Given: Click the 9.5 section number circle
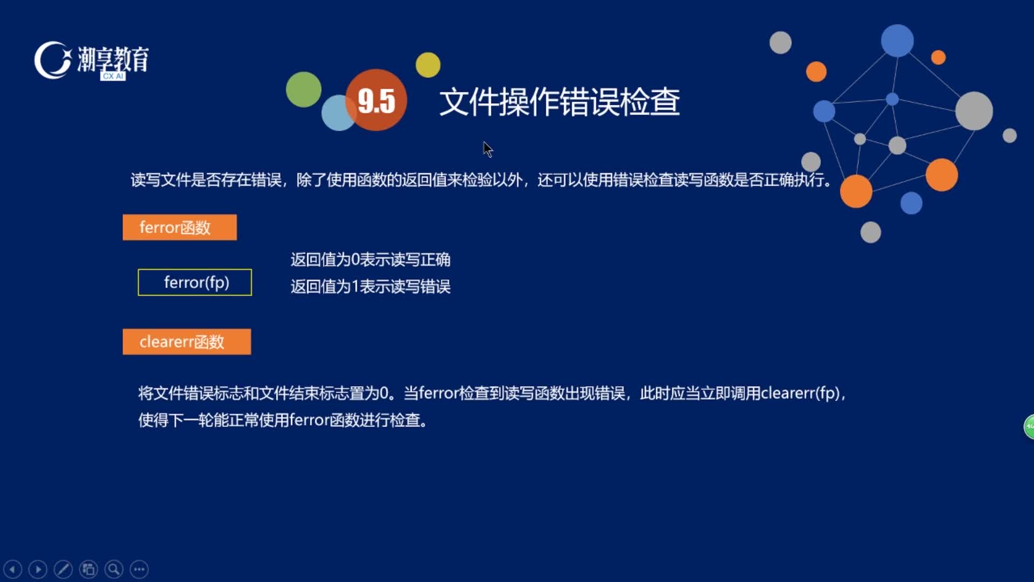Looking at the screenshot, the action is click(376, 100).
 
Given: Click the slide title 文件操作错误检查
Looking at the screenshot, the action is click(560, 102).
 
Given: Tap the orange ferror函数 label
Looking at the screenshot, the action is click(179, 227).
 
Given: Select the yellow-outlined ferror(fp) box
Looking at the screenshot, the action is click(195, 282).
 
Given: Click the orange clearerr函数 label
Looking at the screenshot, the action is click(187, 342).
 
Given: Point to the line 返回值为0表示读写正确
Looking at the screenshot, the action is click(371, 260).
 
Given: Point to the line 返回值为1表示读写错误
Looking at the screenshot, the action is click(371, 286).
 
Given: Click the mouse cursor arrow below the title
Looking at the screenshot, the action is click(487, 149).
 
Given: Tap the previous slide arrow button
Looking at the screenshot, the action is click(13, 569).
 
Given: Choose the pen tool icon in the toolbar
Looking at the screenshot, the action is click(63, 569).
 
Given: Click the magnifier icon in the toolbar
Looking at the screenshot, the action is click(114, 569).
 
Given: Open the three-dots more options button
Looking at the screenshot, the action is click(139, 569).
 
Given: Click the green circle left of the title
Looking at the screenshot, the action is click(304, 89).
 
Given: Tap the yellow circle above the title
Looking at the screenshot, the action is click(428, 65).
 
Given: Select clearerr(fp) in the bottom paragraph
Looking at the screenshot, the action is click(800, 393).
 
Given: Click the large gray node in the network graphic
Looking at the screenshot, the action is click(974, 111).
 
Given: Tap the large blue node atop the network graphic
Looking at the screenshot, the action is click(897, 40).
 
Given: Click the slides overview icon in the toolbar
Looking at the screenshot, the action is click(88, 569).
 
